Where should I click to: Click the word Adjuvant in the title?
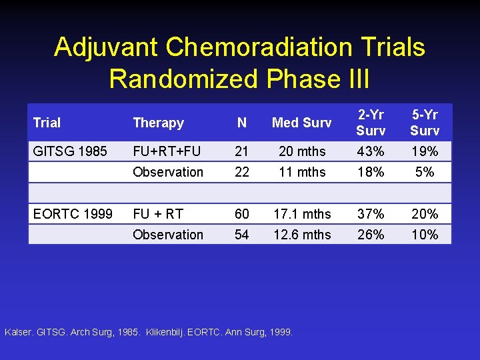[x=107, y=47]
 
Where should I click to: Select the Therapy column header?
[x=158, y=123]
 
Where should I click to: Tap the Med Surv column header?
[x=302, y=123]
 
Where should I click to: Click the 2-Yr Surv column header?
[x=371, y=122]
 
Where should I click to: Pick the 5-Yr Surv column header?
[x=425, y=122]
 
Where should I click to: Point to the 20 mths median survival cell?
[x=302, y=151]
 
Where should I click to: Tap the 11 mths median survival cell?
[x=302, y=172]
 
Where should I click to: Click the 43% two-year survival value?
[x=371, y=151]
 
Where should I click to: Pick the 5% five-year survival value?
[x=425, y=172]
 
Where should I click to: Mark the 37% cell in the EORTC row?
[x=371, y=214]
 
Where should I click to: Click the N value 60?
[x=242, y=214]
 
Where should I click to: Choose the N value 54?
[x=242, y=235]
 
